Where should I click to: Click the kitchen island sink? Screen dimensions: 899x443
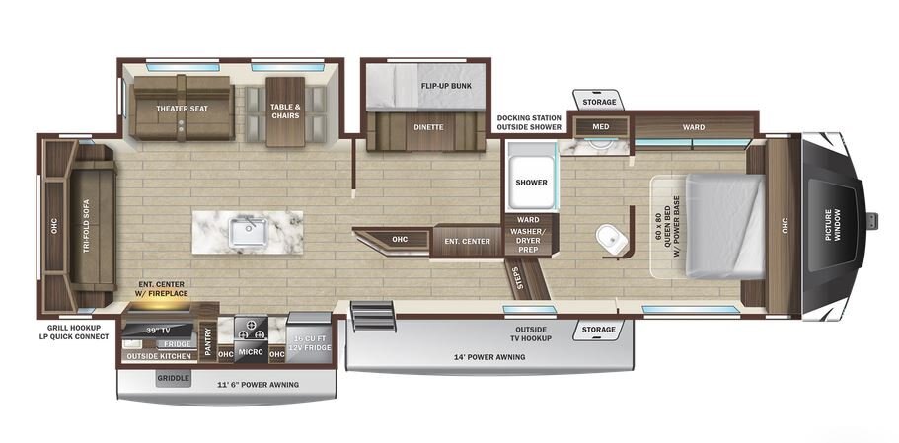248,232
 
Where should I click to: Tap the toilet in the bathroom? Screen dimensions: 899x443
611,239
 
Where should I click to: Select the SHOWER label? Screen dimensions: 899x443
531,183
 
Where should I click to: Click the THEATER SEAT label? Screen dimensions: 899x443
182,109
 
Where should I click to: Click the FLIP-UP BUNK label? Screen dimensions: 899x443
446,86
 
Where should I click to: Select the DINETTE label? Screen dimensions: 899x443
429,127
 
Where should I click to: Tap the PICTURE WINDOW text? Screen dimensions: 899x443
832,225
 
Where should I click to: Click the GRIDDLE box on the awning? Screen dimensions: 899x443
173,378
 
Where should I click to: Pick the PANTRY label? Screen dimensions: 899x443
207,341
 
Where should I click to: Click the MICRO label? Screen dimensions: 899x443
251,352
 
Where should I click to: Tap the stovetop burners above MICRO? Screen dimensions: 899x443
251,330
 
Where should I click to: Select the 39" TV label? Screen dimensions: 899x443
156,330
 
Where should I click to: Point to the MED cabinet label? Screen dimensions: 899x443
601,126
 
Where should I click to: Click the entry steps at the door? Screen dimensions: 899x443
373,316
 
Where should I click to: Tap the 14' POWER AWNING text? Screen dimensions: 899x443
488,357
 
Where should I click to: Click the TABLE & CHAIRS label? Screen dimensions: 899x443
285,111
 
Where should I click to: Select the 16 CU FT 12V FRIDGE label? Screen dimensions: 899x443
309,344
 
